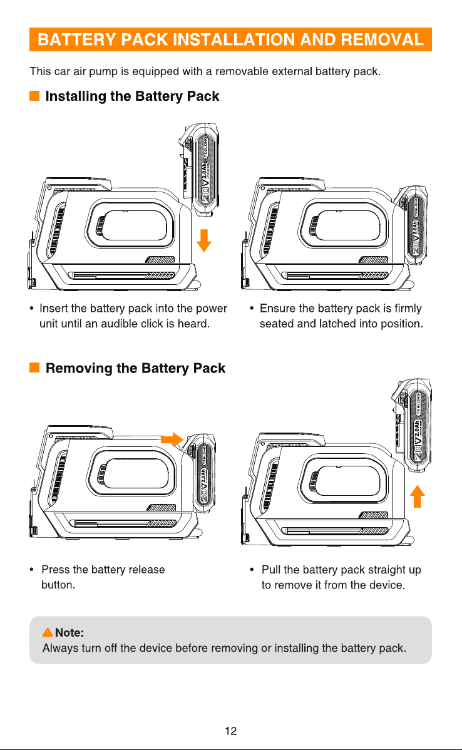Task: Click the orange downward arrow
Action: click(204, 240)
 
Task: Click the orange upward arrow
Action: click(418, 496)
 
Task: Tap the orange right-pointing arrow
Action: click(172, 439)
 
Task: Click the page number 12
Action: click(231, 731)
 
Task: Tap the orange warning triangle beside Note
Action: click(48, 632)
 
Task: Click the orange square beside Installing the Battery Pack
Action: click(34, 96)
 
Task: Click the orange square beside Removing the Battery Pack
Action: click(34, 367)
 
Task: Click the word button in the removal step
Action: click(57, 585)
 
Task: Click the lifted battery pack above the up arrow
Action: click(413, 424)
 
